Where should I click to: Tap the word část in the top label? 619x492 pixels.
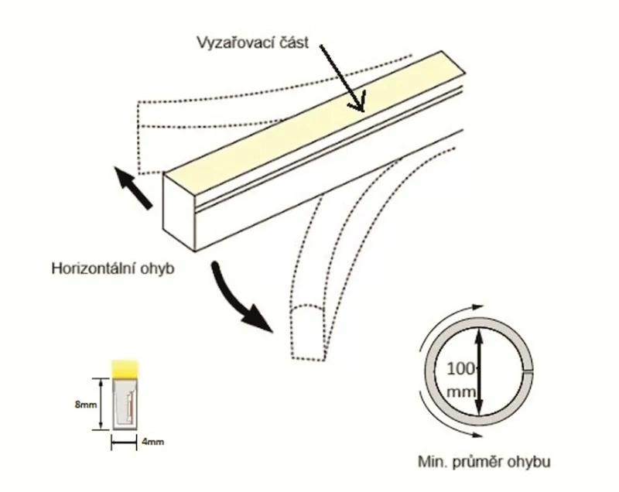coord(292,43)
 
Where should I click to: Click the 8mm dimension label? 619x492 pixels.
coord(85,405)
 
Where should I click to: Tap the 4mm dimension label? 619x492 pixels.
coord(152,442)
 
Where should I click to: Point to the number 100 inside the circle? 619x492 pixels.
coord(461,369)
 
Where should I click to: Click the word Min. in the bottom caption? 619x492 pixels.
coord(433,462)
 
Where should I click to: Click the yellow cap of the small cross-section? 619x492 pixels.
coord(125,369)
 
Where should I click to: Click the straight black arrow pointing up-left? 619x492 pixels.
coord(133,188)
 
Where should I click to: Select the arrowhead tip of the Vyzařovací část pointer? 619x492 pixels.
coord(362,111)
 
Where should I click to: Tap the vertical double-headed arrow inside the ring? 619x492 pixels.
coord(479,372)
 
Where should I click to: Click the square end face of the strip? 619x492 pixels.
coord(180,212)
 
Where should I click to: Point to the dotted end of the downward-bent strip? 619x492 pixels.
coord(308,333)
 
